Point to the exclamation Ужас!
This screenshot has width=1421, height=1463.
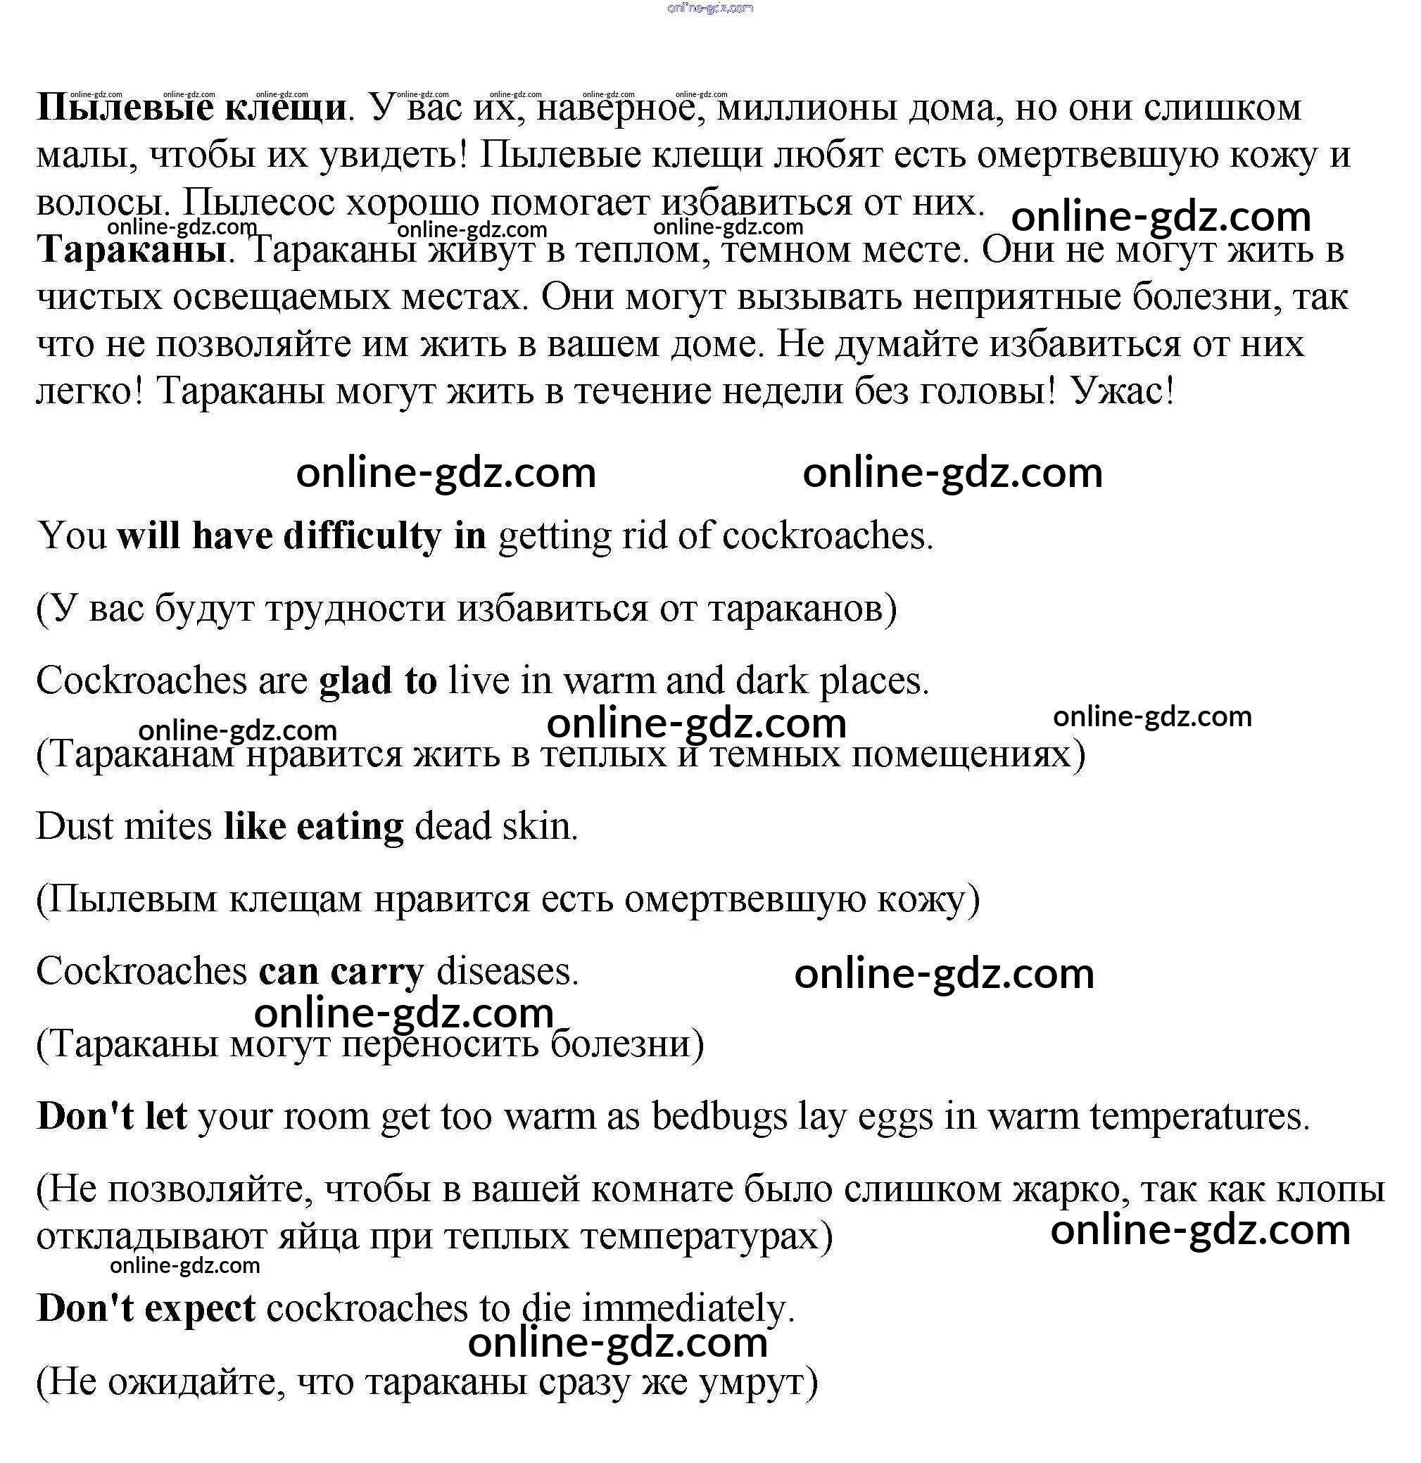coord(1123,391)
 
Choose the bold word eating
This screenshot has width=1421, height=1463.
coord(350,827)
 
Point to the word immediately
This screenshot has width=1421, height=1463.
coord(688,1308)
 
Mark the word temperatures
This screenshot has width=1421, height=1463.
coord(1199,1117)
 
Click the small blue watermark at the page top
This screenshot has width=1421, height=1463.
coord(710,8)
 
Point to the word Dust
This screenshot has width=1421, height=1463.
coord(74,827)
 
